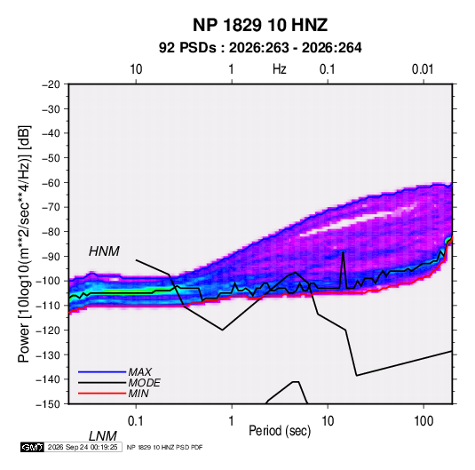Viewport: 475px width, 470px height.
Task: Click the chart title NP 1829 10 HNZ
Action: click(x=260, y=25)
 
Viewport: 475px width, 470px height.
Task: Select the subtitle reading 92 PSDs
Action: click(x=187, y=48)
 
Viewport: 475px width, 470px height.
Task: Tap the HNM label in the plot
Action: click(x=104, y=251)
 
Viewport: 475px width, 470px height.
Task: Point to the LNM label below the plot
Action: click(x=102, y=436)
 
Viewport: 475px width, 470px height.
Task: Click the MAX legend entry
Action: click(x=139, y=371)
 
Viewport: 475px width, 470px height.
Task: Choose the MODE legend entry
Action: click(x=144, y=383)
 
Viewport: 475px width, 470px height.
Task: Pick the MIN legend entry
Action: click(x=139, y=394)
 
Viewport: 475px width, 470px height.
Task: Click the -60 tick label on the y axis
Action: click(x=51, y=182)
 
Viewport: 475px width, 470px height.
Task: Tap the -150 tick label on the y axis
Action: click(x=48, y=404)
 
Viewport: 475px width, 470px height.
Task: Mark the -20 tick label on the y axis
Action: click(x=51, y=84)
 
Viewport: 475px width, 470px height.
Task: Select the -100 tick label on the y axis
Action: click(x=48, y=281)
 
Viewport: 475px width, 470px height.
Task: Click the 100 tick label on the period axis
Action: click(x=424, y=421)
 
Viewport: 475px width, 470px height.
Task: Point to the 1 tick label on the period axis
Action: click(x=232, y=421)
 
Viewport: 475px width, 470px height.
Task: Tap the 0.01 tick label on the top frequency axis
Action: click(x=423, y=69)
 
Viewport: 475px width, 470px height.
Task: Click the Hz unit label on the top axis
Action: click(x=280, y=69)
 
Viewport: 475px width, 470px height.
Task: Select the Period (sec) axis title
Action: click(x=280, y=431)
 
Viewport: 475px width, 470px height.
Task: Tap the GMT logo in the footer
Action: click(x=32, y=447)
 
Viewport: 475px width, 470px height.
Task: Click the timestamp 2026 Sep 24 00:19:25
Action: click(x=83, y=447)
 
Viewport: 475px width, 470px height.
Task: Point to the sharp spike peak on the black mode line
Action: click(x=344, y=252)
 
